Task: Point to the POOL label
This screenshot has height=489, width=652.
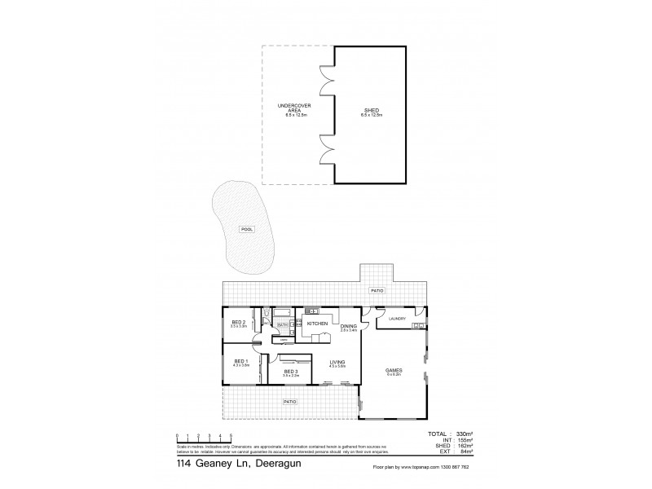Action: pyautogui.click(x=247, y=229)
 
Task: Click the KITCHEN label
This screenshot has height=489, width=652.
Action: pyautogui.click(x=317, y=324)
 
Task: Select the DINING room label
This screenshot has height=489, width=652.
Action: pyautogui.click(x=348, y=326)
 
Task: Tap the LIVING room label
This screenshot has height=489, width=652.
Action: pyautogui.click(x=337, y=363)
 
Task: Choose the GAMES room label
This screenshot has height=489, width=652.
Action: pyautogui.click(x=394, y=371)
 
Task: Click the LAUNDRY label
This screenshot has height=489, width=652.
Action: pyautogui.click(x=398, y=319)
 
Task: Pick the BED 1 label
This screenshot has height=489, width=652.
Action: pyautogui.click(x=240, y=361)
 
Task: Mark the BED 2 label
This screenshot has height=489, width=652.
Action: pyautogui.click(x=238, y=323)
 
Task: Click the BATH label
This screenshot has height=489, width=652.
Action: pyautogui.click(x=283, y=325)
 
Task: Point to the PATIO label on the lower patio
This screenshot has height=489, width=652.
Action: pyautogui.click(x=289, y=402)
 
